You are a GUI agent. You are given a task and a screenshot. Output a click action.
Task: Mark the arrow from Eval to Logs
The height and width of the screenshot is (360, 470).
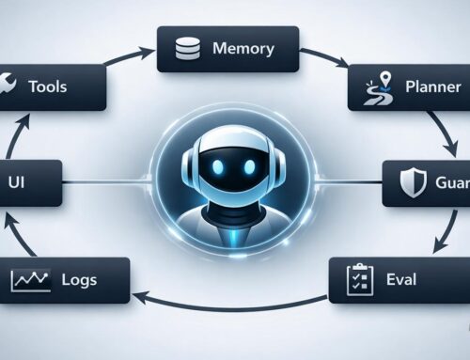pos(235,303)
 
